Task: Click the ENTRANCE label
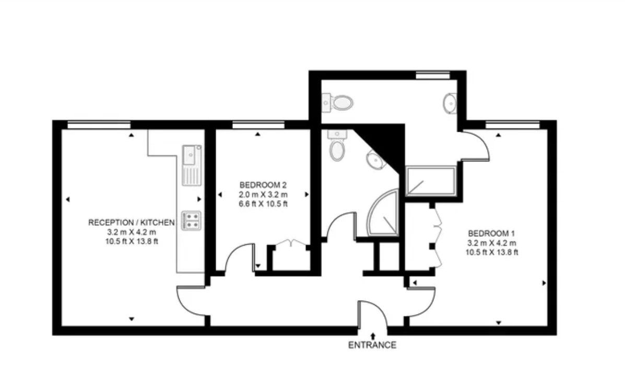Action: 372,345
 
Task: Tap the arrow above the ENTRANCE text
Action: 373,335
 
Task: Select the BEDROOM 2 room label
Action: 263,185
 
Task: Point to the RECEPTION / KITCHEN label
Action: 132,222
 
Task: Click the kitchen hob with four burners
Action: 192,221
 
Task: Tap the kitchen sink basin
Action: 190,155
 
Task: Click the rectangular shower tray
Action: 431,181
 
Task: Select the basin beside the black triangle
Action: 374,159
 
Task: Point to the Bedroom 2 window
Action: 258,125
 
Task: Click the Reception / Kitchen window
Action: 99,125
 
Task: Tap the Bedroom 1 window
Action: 513,125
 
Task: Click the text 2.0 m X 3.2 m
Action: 263,195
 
